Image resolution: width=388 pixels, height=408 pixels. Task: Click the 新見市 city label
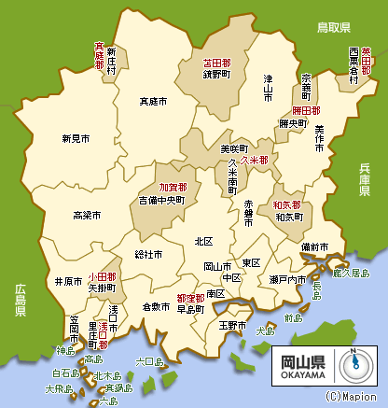coord(76,139)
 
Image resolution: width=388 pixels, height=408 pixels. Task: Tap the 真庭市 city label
coord(153,100)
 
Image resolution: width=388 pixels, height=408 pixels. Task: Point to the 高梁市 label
coord(87,216)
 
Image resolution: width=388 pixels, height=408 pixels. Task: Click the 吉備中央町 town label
coord(161,200)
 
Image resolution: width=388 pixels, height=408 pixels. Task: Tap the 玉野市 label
coord(231,326)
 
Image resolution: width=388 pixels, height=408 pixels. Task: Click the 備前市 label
coord(314,246)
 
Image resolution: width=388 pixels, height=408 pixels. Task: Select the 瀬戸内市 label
coord(288,279)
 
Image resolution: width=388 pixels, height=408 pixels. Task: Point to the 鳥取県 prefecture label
coord(332,27)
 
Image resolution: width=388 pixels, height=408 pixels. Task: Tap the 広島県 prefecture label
coord(20,301)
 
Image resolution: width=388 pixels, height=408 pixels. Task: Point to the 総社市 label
coord(148,254)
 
